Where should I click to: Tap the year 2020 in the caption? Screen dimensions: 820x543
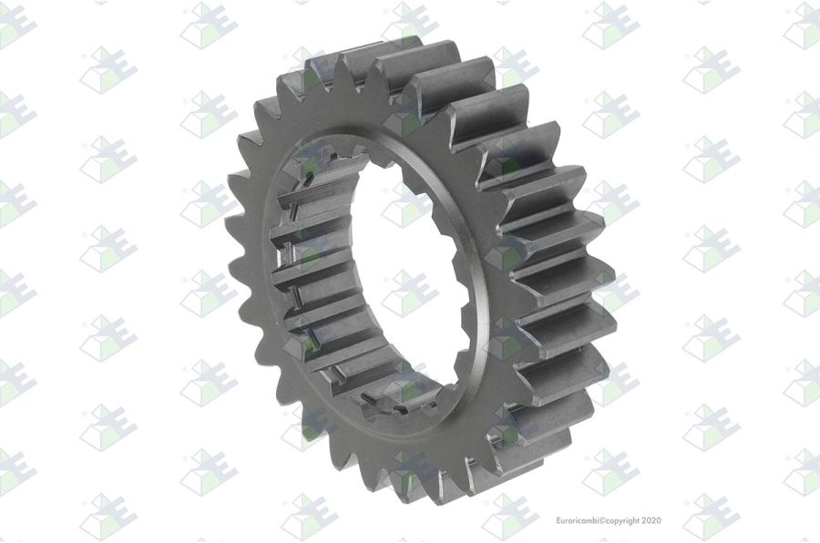pyautogui.click(x=651, y=520)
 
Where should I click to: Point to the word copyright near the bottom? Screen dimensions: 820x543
pyautogui.click(x=622, y=521)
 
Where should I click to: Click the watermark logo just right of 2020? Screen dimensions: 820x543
pyautogui.click(x=711, y=517)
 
